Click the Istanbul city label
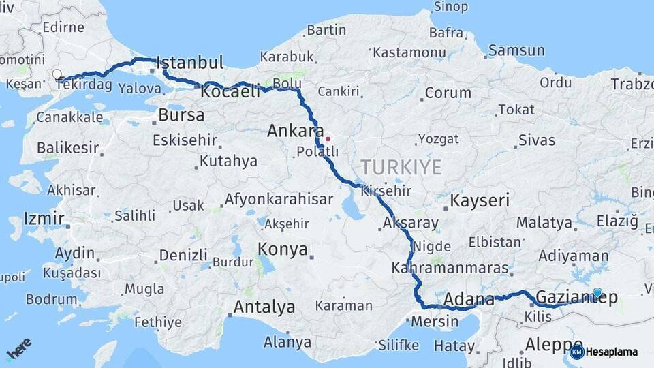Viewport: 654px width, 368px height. point(190,63)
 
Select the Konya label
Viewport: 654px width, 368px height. point(283,249)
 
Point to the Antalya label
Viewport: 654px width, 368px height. point(264,307)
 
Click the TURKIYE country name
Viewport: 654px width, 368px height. point(401,167)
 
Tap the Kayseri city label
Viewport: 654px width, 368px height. point(480,200)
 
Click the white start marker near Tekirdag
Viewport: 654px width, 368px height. point(57,74)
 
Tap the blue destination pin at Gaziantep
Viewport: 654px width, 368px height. point(597,293)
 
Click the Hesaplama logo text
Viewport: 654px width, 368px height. point(611,352)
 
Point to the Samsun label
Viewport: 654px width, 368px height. point(516,50)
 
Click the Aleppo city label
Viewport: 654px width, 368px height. point(554,344)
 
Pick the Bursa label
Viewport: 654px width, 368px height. point(181,114)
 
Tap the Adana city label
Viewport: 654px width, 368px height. point(469,299)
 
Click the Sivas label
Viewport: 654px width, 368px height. point(537,141)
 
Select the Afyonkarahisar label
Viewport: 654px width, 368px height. point(279,200)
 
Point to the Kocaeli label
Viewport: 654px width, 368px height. point(231,91)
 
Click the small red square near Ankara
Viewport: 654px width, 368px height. point(328,139)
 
